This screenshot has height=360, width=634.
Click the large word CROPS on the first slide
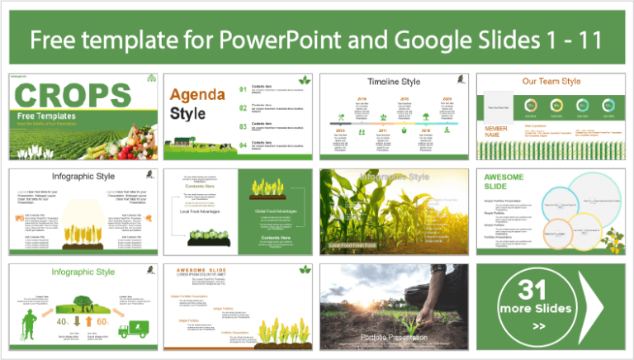click(73, 95)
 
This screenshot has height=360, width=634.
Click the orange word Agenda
click(198, 94)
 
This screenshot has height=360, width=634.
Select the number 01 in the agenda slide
click(243, 88)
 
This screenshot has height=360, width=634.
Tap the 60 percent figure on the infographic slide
click(102, 320)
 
